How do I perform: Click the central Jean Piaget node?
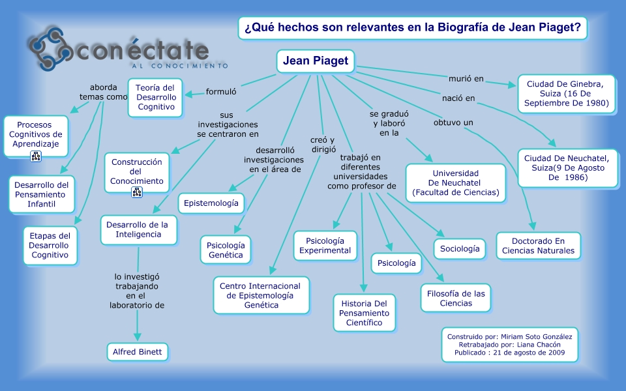[316, 62]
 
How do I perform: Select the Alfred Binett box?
[138, 352]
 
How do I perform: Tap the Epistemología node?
[211, 203]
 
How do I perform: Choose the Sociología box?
[460, 248]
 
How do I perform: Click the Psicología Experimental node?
[324, 245]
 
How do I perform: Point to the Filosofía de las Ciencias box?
[456, 298]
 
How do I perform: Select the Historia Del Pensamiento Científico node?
[364, 313]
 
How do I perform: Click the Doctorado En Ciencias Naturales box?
[538, 245]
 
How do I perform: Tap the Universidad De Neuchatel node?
[455, 183]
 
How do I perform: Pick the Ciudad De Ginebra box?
[566, 94]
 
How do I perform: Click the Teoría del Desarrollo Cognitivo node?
[155, 97]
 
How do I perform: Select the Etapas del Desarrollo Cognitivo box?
[49, 246]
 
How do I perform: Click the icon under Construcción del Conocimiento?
[137, 192]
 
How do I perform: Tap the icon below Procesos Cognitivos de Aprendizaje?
[36, 156]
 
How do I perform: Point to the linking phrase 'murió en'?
[466, 79]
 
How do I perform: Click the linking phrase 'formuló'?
[220, 91]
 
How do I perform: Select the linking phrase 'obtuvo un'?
[453, 123]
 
